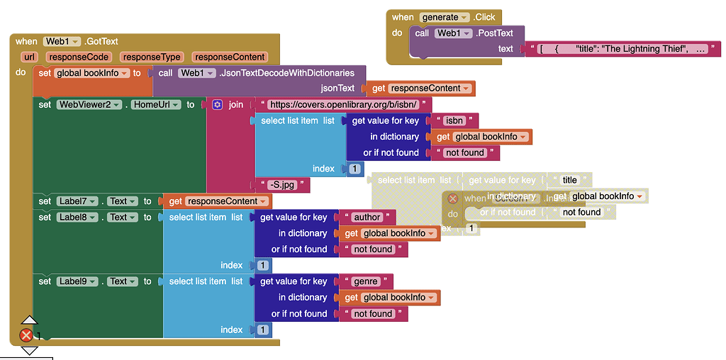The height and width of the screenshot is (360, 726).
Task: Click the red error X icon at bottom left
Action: [26, 335]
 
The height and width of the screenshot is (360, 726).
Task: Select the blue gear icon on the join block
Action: [217, 105]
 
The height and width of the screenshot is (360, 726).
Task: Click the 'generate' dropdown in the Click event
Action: [445, 17]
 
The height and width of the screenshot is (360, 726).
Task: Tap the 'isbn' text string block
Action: [455, 120]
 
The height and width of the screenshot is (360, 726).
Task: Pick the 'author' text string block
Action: [367, 217]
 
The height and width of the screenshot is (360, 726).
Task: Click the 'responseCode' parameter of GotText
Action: [78, 57]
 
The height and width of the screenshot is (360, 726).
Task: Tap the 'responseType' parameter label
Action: [151, 57]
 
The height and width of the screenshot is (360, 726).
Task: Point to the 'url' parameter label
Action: [30, 57]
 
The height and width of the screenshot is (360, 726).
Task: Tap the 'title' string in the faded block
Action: [570, 180]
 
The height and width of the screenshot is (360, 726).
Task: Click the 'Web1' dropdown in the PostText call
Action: [452, 33]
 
